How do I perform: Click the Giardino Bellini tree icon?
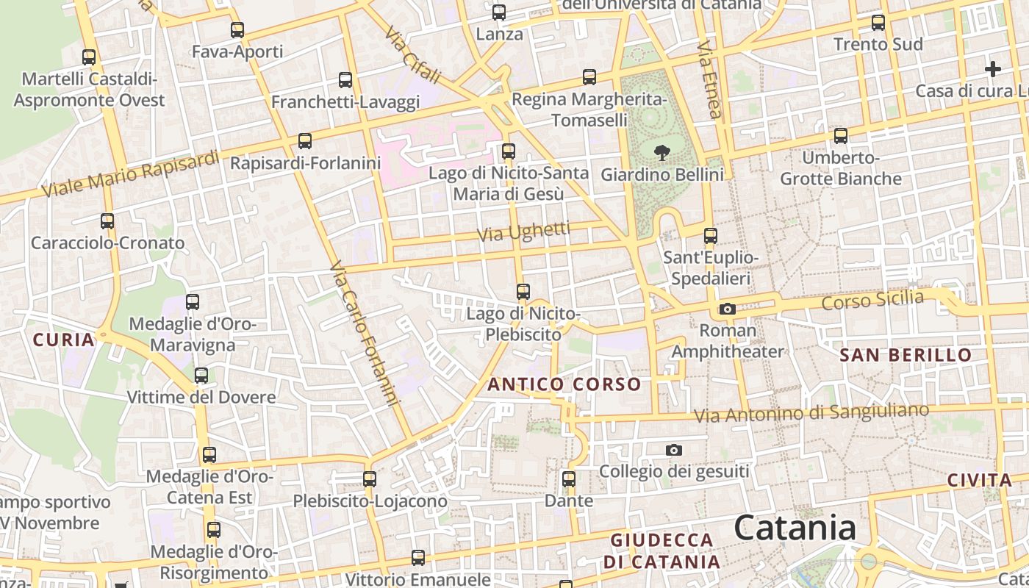[662, 152]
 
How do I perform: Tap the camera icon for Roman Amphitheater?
[728, 309]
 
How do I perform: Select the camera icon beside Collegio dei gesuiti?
[673, 450]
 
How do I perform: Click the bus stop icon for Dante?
[569, 479]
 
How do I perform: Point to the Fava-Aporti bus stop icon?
[237, 30]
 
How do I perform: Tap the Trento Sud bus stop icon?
[878, 22]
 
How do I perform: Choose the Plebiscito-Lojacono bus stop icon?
[370, 479]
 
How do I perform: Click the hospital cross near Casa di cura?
[993, 69]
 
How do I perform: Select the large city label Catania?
[795, 528]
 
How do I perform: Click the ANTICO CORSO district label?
[564, 384]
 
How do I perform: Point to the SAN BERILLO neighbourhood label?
[906, 355]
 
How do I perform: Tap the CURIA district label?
[64, 340]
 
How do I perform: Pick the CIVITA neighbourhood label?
[980, 481]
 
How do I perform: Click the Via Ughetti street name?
[523, 232]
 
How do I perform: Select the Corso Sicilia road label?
[872, 300]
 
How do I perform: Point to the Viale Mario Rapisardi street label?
[131, 173]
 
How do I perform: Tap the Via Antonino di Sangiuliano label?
[811, 413]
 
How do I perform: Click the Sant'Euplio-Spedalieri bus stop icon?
[710, 236]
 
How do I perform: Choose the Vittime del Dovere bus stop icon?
[201, 376]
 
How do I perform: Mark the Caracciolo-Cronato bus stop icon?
[107, 220]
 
